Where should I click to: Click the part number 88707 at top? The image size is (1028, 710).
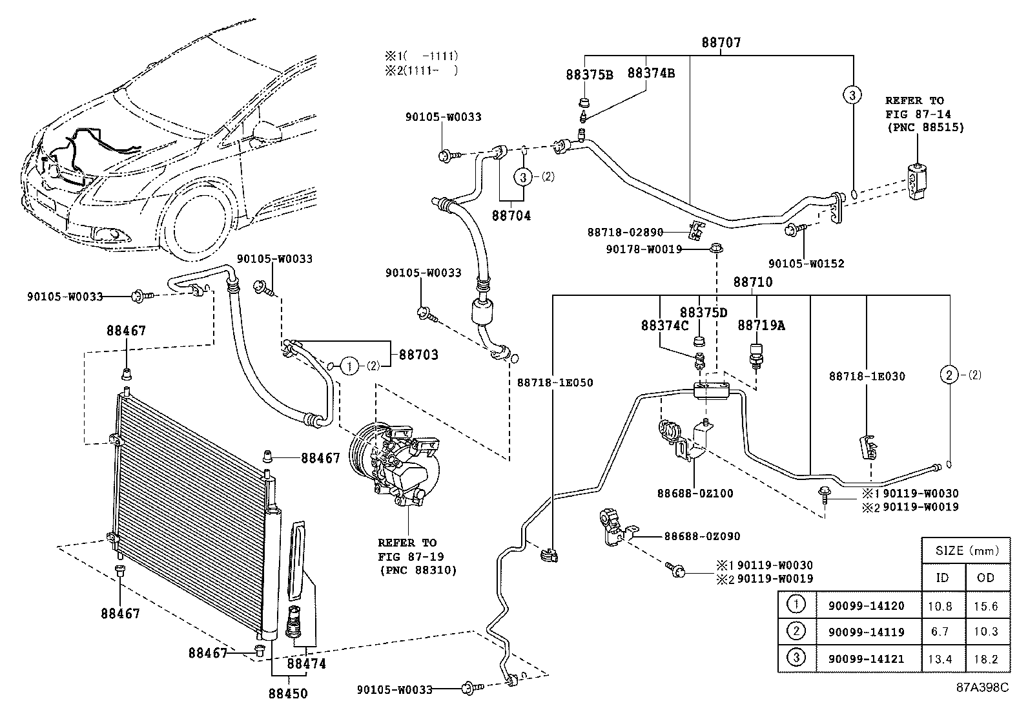pos(721,43)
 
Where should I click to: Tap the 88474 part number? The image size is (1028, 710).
pos(307,663)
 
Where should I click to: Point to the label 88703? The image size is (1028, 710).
pos(418,355)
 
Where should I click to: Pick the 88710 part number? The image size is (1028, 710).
pos(753,282)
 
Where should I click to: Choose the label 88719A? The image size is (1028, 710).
pos(761,326)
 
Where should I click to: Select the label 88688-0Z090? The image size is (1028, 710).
pos(702,536)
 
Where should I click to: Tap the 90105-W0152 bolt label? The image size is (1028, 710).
pos(807,264)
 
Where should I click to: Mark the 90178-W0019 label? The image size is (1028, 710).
pos(644,249)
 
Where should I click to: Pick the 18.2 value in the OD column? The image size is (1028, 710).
pos(986,659)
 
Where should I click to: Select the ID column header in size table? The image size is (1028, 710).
pos(943,578)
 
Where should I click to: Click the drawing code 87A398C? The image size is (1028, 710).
pos(982,687)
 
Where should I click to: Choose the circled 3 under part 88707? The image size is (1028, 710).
pos(852,96)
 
